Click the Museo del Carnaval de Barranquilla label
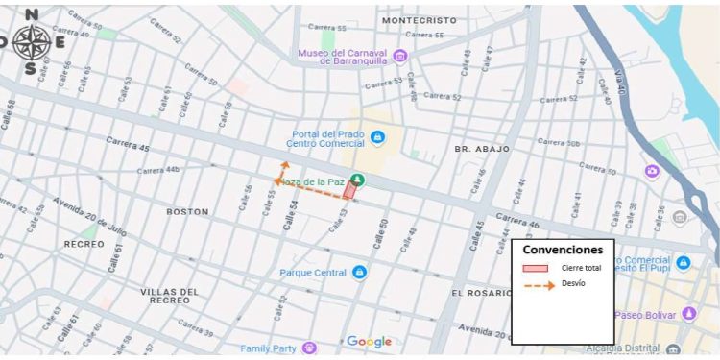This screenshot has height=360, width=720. point(344,56)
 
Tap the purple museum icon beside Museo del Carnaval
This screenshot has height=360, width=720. point(400,55)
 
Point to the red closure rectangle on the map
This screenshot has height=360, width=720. point(349,192)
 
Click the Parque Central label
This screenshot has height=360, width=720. point(312,273)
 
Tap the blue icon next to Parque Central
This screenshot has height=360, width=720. point(359,273)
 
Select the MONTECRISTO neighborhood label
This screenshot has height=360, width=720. point(419,20)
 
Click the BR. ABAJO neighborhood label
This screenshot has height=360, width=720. point(482,150)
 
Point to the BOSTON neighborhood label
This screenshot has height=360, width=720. point(186,211)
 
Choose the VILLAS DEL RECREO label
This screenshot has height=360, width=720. point(169,296)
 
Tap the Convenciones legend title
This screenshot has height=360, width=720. point(563,250)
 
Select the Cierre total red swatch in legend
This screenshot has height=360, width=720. point(535,268)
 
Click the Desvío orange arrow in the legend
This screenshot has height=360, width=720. point(538,285)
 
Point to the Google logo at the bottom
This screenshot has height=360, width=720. point(369,342)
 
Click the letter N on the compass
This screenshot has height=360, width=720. point(32,14)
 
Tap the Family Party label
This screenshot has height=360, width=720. point(269,348)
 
